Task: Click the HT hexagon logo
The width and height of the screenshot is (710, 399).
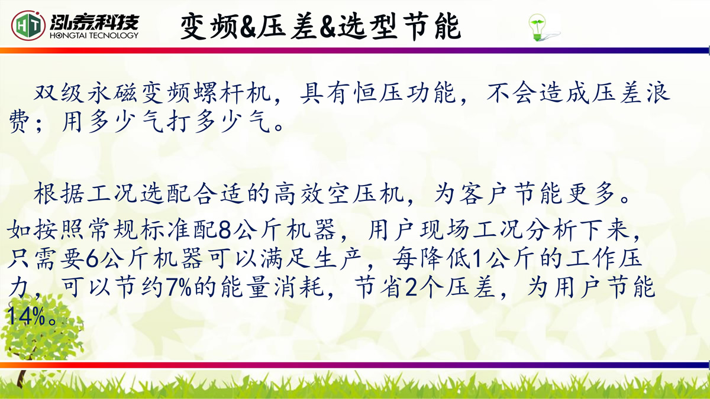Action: click(x=28, y=25)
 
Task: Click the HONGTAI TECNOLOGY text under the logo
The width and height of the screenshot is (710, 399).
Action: click(x=94, y=35)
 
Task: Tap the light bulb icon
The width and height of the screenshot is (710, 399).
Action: click(x=538, y=28)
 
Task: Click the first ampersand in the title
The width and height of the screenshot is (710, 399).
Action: click(x=248, y=27)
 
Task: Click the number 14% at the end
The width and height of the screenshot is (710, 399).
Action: click(x=26, y=316)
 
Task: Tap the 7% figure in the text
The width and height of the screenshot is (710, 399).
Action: click(x=179, y=287)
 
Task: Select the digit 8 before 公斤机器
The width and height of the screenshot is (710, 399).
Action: click(x=225, y=229)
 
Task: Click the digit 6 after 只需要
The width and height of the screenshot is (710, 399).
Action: click(x=92, y=259)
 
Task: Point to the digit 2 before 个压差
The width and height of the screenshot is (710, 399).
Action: click(x=411, y=287)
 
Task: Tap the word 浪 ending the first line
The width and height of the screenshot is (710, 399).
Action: click(x=659, y=93)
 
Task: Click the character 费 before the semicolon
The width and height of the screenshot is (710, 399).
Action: click(x=20, y=122)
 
